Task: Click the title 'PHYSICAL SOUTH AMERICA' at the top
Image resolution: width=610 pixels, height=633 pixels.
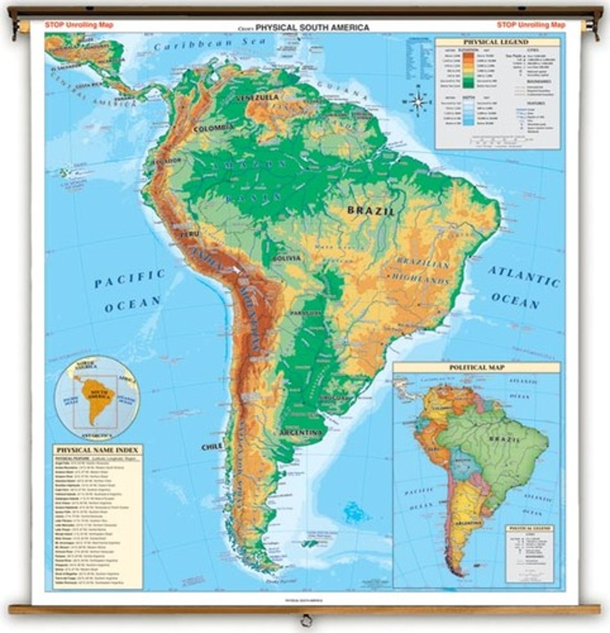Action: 312,27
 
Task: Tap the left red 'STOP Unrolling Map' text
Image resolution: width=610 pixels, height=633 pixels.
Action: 79,25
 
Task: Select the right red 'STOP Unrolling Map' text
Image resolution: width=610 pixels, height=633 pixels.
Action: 531,25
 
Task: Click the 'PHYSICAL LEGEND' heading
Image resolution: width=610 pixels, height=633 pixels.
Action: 495,42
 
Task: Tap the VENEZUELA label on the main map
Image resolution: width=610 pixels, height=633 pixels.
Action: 258,98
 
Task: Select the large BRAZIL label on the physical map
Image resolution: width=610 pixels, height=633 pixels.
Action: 370,211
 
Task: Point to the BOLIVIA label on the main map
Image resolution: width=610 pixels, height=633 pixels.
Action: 287,258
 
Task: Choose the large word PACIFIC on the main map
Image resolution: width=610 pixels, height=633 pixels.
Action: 130,279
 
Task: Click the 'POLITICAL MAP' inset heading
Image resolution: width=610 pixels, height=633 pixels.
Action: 476,367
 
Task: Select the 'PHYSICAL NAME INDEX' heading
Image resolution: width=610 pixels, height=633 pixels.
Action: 97,450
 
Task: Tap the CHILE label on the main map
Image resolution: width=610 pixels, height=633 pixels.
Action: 212,447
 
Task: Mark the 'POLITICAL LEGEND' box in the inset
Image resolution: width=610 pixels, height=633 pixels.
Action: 529,553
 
